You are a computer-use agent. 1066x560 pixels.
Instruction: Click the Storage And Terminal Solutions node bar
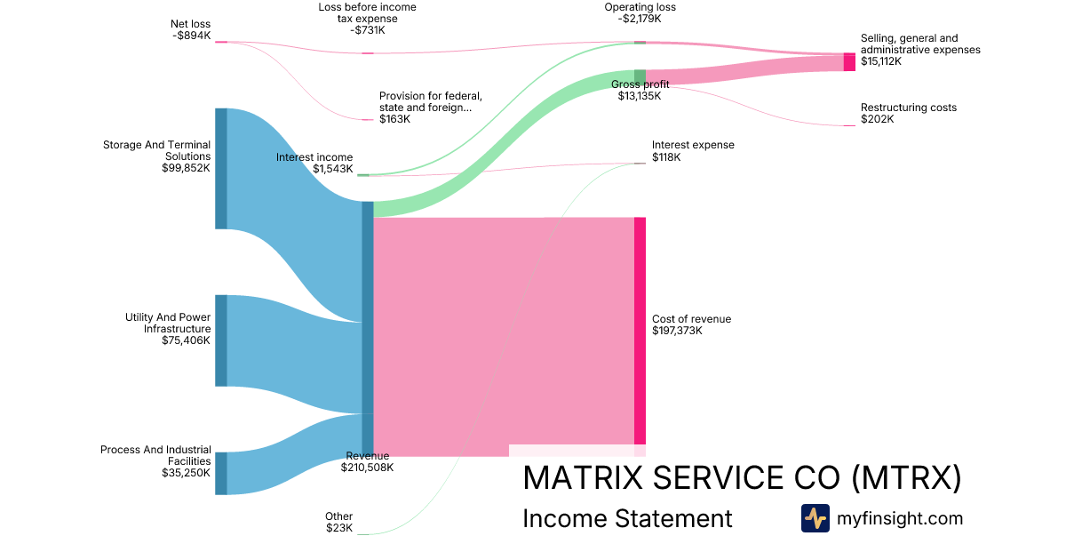coord(221,169)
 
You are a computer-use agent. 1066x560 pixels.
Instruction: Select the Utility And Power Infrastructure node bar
coord(221,340)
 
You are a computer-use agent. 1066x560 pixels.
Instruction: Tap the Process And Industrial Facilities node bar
coord(221,473)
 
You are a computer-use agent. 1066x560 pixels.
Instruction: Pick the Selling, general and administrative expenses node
coord(849,62)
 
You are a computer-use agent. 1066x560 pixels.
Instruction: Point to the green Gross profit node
coord(640,76)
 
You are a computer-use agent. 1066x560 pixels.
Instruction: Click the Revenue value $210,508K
coord(367,468)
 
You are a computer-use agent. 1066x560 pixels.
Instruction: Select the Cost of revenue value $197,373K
coord(677,331)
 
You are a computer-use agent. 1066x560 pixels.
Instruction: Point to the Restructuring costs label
coord(908,108)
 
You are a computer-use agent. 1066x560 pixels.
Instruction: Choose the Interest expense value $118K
coord(666,157)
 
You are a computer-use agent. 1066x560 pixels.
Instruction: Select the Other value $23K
coord(339,528)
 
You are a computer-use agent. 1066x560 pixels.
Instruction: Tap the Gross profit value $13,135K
coord(640,96)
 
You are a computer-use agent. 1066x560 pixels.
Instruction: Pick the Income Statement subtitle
coord(627,518)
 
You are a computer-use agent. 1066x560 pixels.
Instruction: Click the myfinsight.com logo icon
coord(815,518)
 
